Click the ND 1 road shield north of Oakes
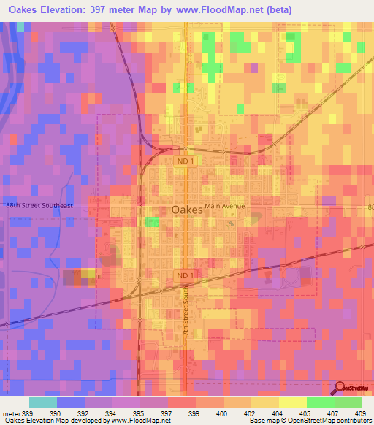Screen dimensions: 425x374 [x=186, y=159]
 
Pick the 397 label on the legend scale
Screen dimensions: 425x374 [x=167, y=413]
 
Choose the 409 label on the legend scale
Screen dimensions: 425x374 [x=360, y=413]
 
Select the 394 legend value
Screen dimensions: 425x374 [x=112, y=413]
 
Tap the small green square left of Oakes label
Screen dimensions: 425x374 [x=152, y=222]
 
